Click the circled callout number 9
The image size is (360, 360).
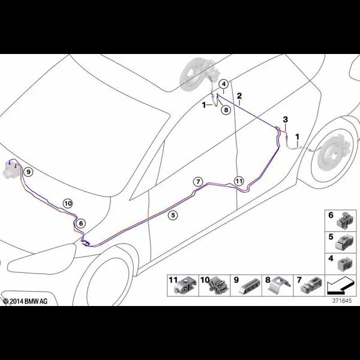[x=28, y=172]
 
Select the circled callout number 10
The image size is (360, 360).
[x=68, y=203]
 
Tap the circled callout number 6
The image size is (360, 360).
[x=81, y=223]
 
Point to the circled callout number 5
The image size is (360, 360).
[x=173, y=215]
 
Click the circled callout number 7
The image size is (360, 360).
[x=198, y=182]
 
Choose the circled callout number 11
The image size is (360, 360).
[x=239, y=181]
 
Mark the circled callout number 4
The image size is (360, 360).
[x=224, y=84]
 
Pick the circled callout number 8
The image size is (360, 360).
[x=226, y=110]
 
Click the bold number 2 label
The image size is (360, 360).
[x=239, y=96]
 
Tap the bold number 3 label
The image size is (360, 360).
[x=285, y=119]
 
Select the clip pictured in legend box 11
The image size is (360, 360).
[x=186, y=285]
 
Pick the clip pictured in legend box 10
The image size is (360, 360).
[x=218, y=286]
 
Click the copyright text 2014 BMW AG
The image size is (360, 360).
[x=25, y=301]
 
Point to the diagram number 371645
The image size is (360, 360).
[x=342, y=301]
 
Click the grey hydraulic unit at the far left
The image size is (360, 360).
[x=11, y=170]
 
